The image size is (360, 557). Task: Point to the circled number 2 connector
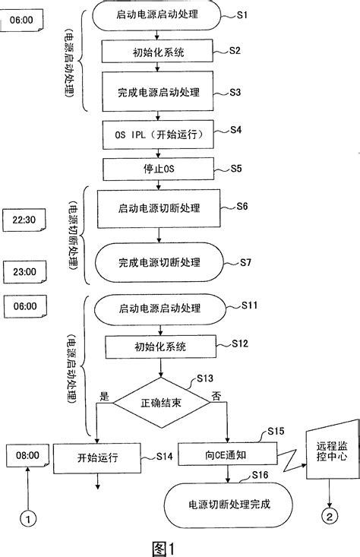328,519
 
